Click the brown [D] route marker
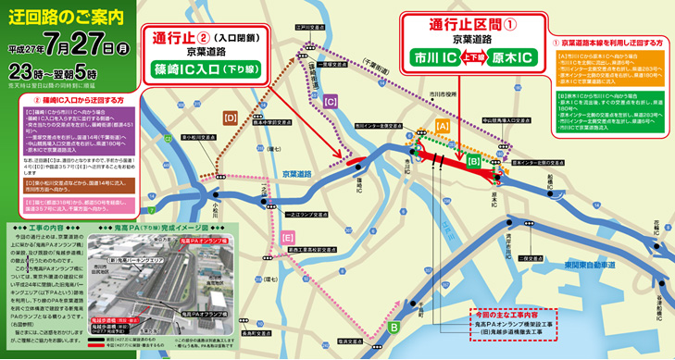point(231,118)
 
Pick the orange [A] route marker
point(443,124)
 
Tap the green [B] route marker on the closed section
point(473,162)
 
